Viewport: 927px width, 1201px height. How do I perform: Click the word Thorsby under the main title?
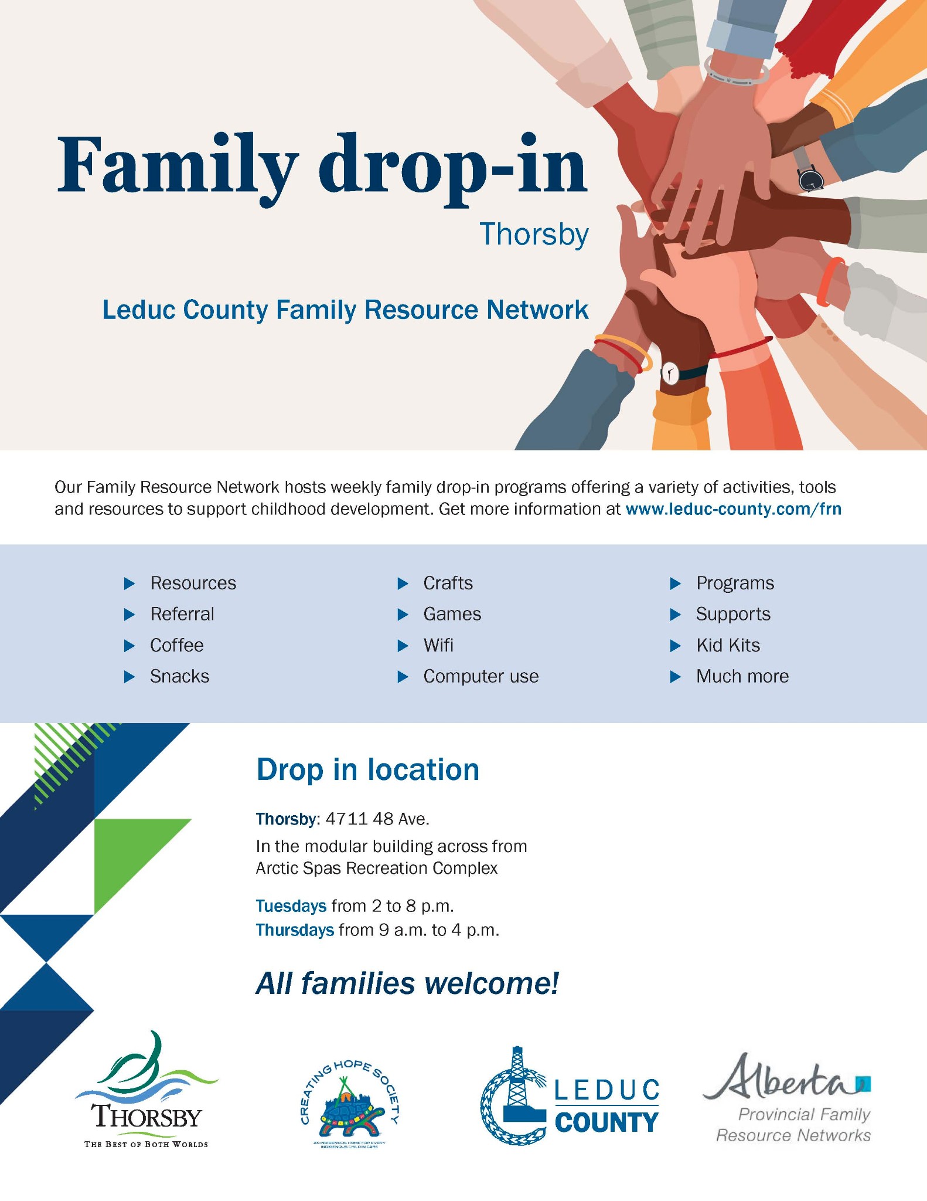click(534, 235)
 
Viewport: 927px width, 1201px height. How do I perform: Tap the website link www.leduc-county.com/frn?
click(733, 509)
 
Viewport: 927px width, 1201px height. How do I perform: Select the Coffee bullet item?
click(177, 645)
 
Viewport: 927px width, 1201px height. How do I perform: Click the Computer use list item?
click(480, 676)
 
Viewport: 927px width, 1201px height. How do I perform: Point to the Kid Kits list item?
click(728, 645)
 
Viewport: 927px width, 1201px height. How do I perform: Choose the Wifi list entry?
click(438, 645)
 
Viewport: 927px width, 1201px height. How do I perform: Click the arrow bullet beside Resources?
click(129, 583)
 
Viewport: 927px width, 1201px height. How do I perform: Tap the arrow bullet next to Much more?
click(675, 677)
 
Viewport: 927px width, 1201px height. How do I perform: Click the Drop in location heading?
click(367, 769)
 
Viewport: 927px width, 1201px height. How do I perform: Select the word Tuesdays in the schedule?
click(291, 906)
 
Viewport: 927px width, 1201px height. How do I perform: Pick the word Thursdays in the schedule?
click(295, 930)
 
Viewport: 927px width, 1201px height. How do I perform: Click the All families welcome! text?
click(407, 983)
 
